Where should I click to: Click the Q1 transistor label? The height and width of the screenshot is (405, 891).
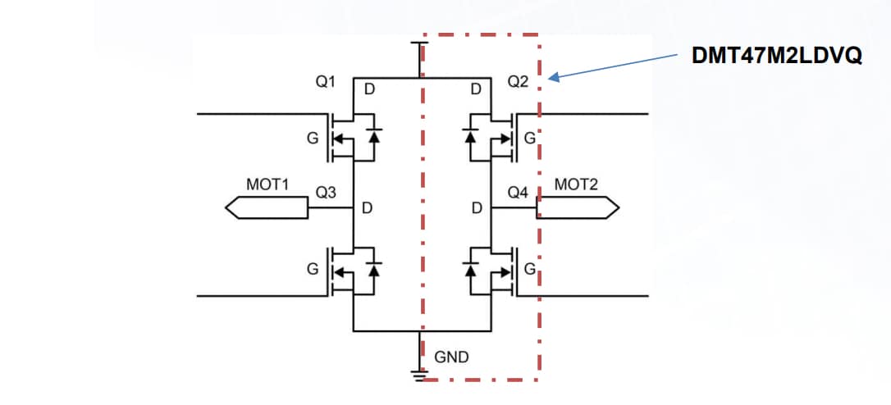[x=327, y=83]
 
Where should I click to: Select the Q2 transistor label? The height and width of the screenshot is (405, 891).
[x=519, y=83]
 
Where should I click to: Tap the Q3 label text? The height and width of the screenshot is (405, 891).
[x=327, y=192]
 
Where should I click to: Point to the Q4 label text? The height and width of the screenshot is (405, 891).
[x=519, y=192]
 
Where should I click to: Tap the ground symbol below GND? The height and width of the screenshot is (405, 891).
[x=419, y=375]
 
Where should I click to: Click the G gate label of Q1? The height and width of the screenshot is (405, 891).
[x=312, y=138]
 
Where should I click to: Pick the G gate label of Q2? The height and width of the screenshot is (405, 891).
[x=530, y=138]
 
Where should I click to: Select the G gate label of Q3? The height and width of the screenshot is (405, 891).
[x=312, y=269]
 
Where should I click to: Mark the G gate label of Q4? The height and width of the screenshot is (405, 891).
[x=530, y=269]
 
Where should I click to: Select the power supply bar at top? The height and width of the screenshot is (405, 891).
[x=419, y=43]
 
